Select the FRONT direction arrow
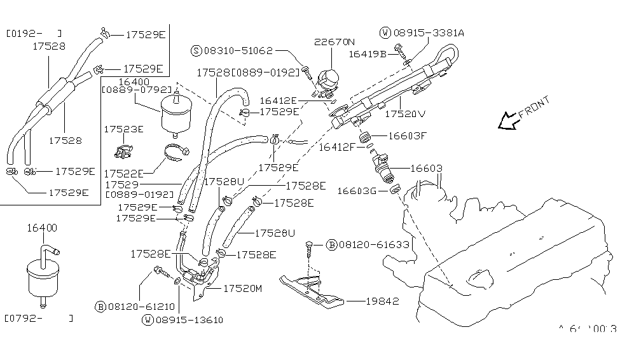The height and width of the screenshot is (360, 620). point(509,120)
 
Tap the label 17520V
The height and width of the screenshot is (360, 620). point(405,115)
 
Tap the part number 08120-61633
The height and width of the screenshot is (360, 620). point(369,244)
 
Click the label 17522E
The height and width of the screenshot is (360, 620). point(123,172)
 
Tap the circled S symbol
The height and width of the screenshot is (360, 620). point(196,50)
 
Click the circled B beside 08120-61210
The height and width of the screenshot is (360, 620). point(100,307)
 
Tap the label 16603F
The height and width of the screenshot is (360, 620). point(407,135)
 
